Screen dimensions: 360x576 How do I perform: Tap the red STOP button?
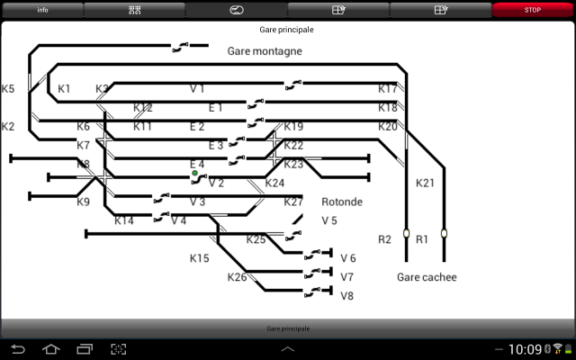click(533, 10)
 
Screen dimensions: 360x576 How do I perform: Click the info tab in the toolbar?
click(42, 10)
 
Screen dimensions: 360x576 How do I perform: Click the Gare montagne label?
click(265, 51)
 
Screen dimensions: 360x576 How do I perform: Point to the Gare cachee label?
click(427, 277)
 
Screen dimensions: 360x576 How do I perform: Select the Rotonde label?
click(342, 202)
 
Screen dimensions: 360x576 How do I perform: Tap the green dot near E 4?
click(194, 174)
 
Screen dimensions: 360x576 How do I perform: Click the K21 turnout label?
click(425, 183)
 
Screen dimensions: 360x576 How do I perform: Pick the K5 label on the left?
click(8, 89)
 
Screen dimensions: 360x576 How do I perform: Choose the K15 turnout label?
click(199, 258)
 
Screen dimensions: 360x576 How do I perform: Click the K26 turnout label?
click(237, 277)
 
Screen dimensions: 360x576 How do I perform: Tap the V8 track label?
click(347, 295)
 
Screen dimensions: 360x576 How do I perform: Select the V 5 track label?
click(329, 220)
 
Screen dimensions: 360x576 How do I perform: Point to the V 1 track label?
click(197, 89)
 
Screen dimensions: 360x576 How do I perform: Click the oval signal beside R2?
click(406, 235)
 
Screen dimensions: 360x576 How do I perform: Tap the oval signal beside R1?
click(444, 235)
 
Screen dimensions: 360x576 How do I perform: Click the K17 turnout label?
click(387, 89)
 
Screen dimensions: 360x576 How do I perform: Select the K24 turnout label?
click(274, 183)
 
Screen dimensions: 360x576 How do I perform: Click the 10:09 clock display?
click(525, 349)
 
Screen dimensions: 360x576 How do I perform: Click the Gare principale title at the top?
click(287, 30)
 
